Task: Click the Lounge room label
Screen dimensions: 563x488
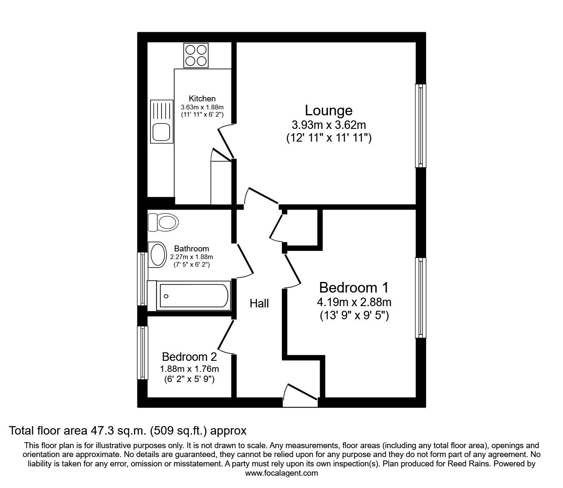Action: tap(329, 110)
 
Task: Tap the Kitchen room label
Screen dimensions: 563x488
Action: tap(202, 98)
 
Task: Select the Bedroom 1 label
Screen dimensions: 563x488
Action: tap(354, 287)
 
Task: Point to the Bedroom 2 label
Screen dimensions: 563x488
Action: tap(190, 357)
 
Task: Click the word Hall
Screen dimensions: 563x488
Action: tap(259, 303)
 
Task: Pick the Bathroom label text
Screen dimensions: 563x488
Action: tap(192, 248)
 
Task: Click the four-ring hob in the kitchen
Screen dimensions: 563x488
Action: tap(196, 55)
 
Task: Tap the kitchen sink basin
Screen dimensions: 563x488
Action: tap(161, 132)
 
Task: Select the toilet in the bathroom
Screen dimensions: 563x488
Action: tap(163, 222)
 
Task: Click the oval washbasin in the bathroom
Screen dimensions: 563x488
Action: tap(157, 255)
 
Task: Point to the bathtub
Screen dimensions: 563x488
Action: tap(189, 296)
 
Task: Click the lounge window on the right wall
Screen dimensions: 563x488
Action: tap(421, 125)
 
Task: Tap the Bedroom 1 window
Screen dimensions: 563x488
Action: tap(421, 298)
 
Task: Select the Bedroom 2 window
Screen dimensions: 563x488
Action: tap(142, 353)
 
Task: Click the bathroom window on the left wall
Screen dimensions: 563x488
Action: tap(142, 279)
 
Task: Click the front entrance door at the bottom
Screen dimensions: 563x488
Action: tap(300, 396)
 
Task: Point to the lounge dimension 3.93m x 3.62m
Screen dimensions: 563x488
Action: tap(329, 125)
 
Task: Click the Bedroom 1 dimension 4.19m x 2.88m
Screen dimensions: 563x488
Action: tap(354, 302)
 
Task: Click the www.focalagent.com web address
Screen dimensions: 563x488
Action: tap(281, 473)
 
